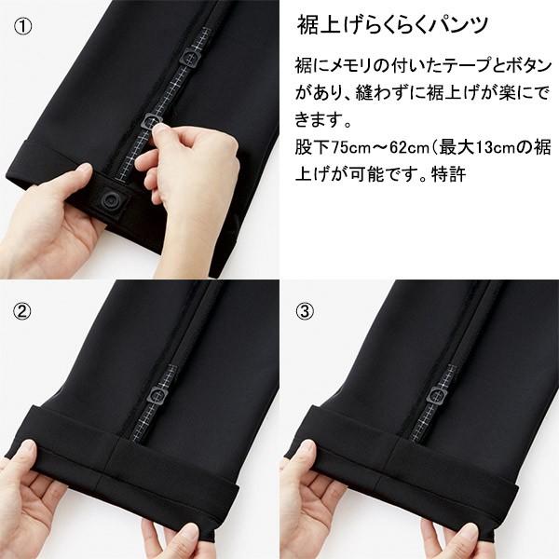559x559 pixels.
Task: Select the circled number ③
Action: click(x=305, y=308)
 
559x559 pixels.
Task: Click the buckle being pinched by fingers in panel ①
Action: click(x=150, y=123)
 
